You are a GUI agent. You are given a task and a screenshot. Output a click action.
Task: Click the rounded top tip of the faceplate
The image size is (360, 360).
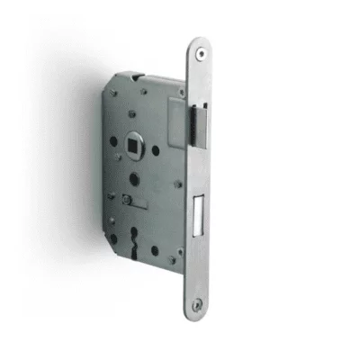199,41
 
